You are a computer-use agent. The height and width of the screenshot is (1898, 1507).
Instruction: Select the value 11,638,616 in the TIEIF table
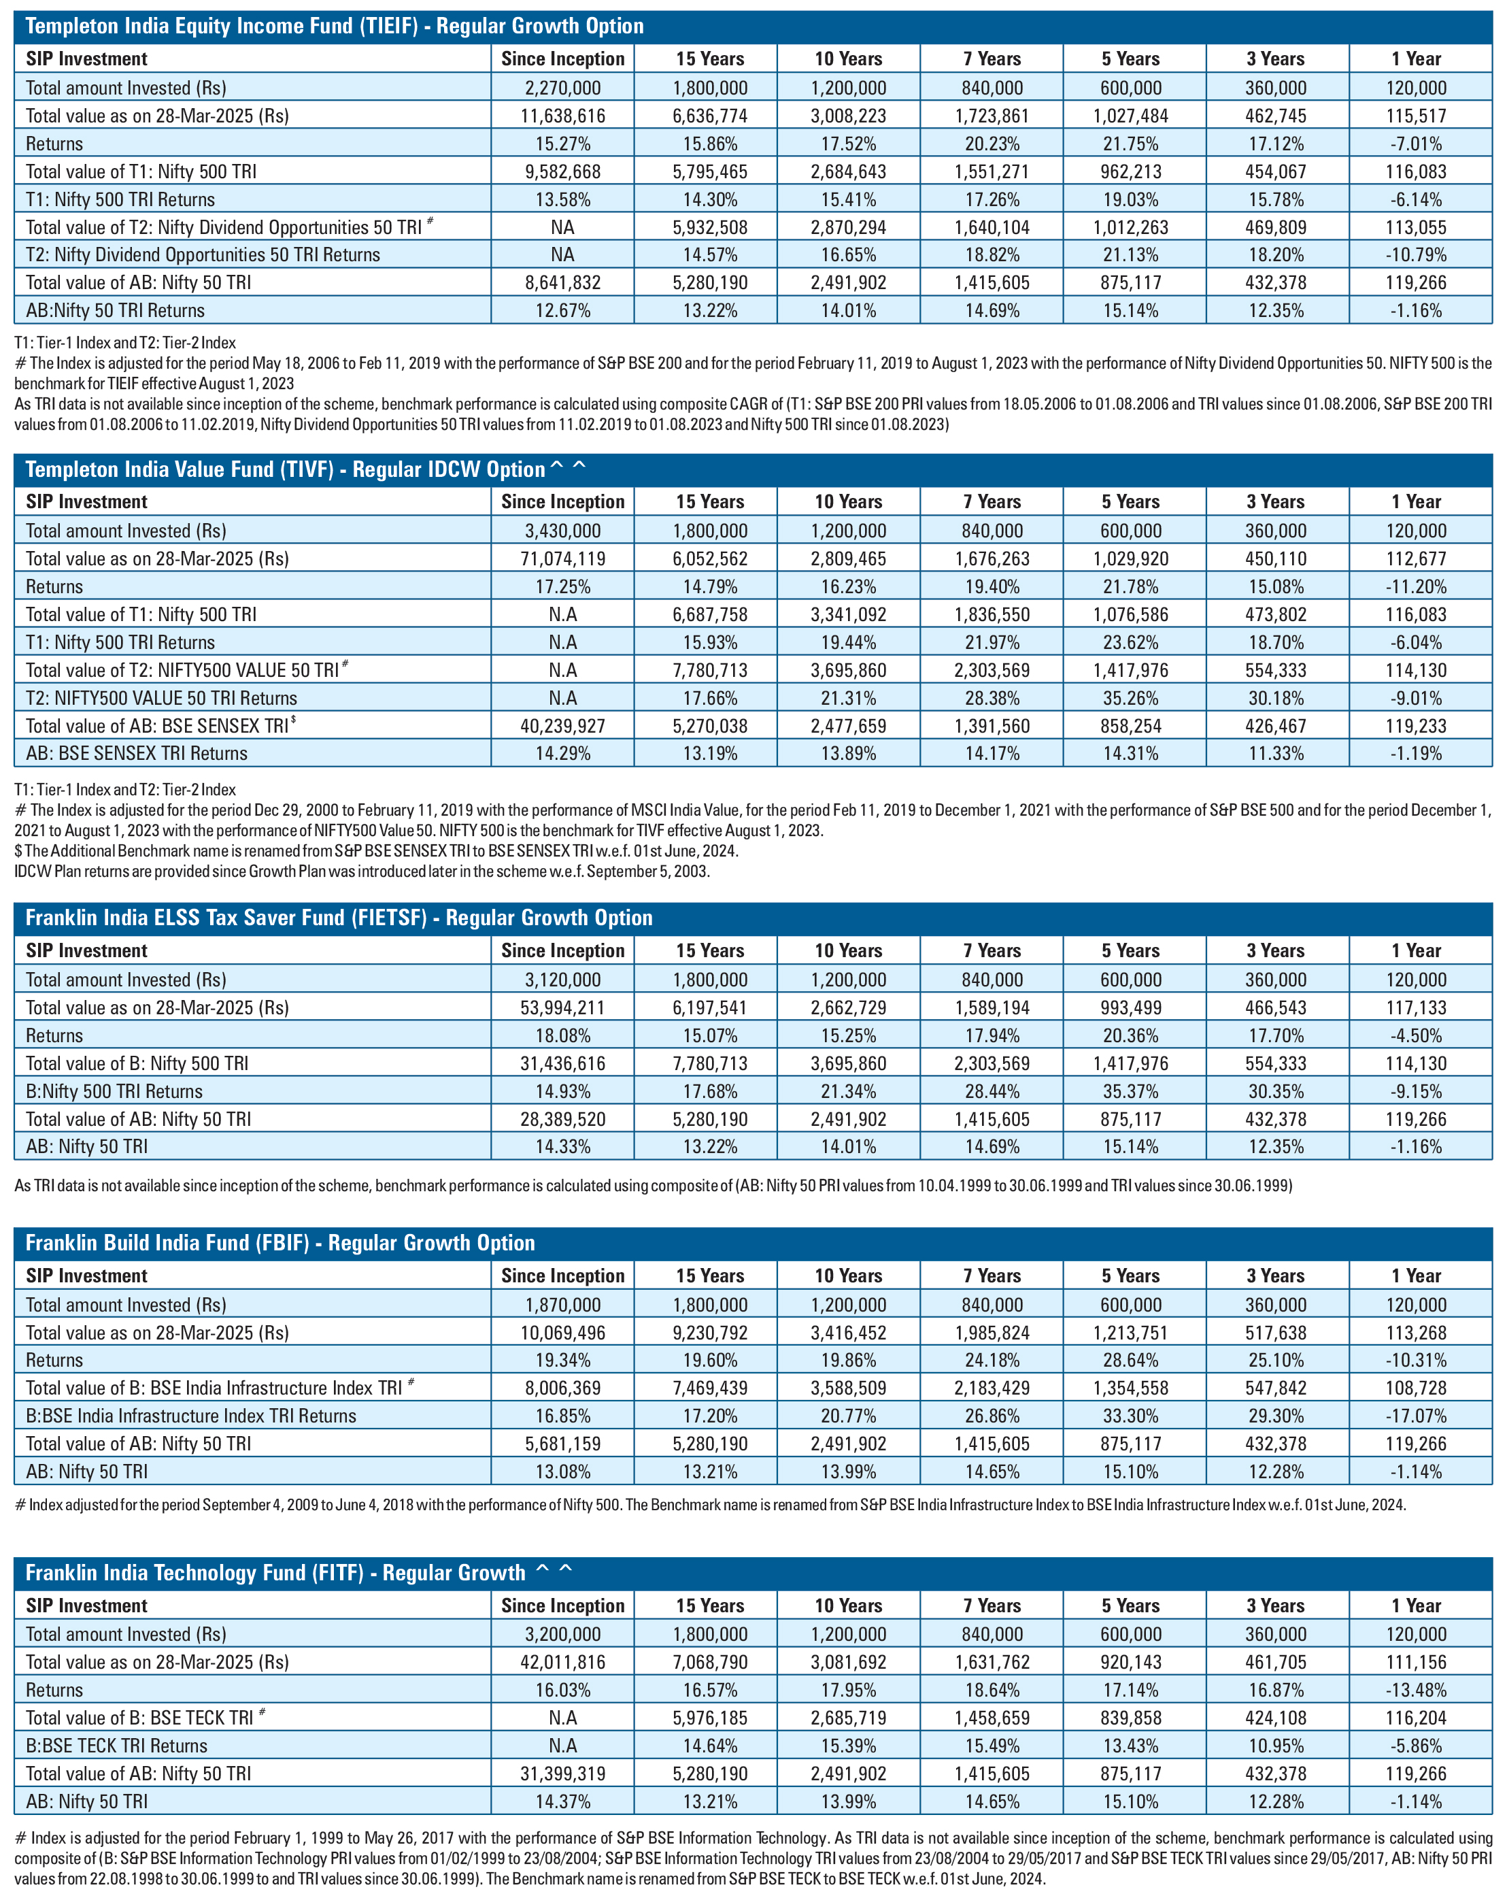point(562,116)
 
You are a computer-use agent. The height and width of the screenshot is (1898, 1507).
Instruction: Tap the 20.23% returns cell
point(992,144)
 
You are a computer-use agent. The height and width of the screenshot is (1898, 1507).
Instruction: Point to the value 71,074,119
point(562,558)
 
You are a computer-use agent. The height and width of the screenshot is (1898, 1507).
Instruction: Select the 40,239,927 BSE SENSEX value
point(562,725)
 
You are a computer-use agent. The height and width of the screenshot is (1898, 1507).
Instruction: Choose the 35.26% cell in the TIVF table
point(1130,697)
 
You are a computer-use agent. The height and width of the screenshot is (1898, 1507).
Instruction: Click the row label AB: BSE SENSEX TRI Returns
point(137,752)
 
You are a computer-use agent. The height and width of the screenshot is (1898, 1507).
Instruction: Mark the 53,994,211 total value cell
point(562,1007)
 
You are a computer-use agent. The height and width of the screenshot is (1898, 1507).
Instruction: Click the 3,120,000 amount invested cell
point(562,979)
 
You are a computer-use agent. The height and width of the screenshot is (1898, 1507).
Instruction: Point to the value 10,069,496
point(562,1332)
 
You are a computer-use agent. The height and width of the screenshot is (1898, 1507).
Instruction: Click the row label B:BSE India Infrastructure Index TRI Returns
point(191,1416)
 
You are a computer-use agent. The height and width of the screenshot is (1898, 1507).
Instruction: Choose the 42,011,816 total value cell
point(562,1661)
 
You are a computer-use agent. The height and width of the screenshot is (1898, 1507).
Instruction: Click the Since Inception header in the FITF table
point(562,1605)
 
